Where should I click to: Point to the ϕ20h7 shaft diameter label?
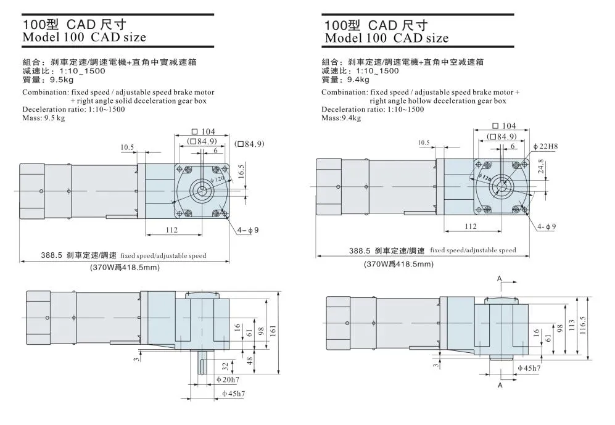click(225, 379)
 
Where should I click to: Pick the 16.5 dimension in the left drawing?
click(241, 171)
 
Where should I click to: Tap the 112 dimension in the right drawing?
click(470, 226)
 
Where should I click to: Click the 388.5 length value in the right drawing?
click(358, 251)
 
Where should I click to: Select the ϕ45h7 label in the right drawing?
click(528, 368)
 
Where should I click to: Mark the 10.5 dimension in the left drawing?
click(127, 147)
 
